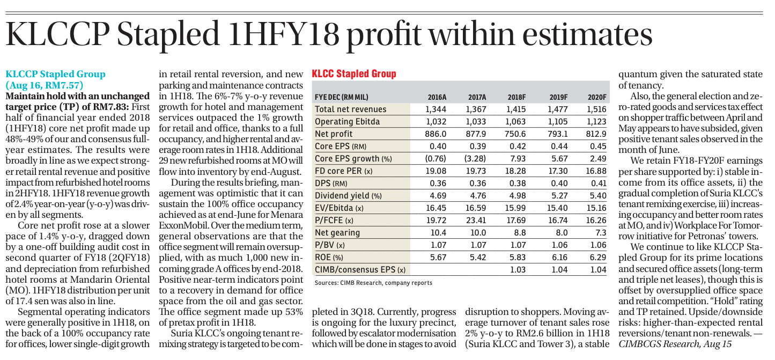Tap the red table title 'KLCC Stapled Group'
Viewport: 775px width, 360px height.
click(x=354, y=74)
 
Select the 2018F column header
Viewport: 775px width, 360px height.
click(x=517, y=98)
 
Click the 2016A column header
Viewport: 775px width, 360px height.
click(x=437, y=98)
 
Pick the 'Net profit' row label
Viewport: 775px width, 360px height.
click(x=334, y=134)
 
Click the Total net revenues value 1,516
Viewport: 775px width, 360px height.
click(x=596, y=109)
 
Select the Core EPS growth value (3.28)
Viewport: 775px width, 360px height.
click(x=475, y=158)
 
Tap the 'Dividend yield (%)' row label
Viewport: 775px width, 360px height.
click(x=348, y=196)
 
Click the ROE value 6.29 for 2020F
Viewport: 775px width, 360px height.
click(x=598, y=257)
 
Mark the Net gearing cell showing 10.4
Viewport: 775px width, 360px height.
click(x=438, y=233)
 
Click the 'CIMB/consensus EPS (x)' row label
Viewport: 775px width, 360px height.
click(x=360, y=270)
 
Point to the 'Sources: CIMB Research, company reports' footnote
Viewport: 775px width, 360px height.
click(x=373, y=283)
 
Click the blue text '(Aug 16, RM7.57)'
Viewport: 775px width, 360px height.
click(x=45, y=85)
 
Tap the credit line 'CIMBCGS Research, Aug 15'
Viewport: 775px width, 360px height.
click(x=675, y=344)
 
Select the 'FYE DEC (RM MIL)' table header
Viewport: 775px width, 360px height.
click(x=342, y=98)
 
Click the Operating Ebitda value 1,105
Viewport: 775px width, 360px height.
click(x=558, y=122)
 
